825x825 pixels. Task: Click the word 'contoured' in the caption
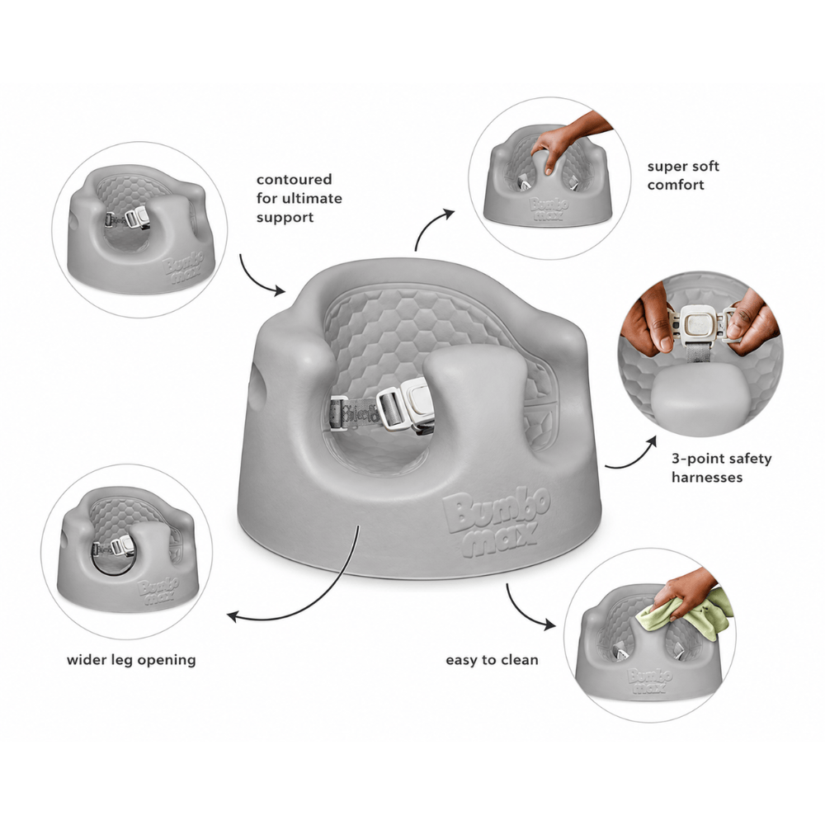(295, 179)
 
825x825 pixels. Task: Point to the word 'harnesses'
(707, 477)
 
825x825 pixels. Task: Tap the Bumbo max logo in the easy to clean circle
(650, 681)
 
